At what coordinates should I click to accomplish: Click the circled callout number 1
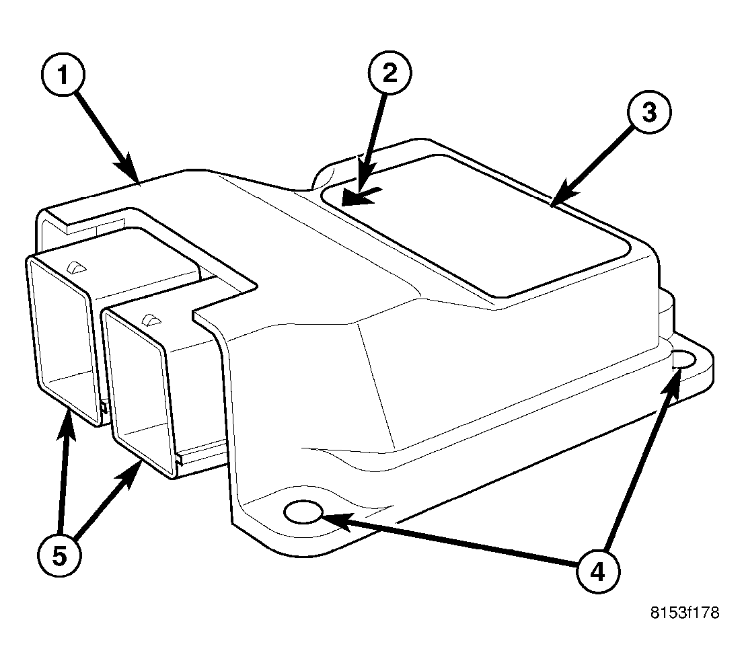point(63,75)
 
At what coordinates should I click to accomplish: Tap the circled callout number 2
point(390,73)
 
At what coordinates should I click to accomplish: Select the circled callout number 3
point(649,112)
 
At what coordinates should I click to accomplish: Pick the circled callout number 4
point(598,572)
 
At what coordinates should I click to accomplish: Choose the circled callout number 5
point(59,555)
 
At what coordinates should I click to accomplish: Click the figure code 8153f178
point(684,613)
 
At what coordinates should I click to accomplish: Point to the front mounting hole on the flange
point(303,512)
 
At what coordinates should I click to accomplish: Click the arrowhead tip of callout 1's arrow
point(139,182)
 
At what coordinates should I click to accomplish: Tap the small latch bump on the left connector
point(76,268)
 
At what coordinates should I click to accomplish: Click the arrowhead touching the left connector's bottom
point(67,424)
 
